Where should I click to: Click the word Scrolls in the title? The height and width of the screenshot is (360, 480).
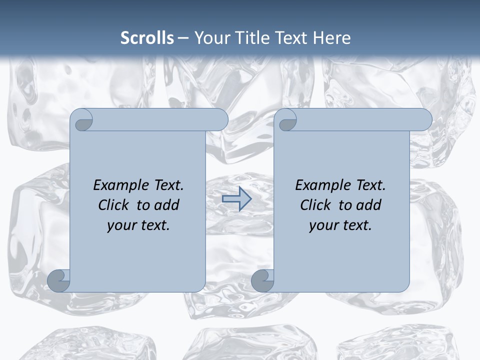147,38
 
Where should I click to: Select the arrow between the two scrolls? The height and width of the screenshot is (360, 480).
236,199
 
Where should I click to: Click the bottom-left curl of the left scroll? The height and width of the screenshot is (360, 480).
59,281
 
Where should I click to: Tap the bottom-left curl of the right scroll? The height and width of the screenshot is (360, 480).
262,281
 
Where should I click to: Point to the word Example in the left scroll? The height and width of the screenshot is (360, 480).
121,185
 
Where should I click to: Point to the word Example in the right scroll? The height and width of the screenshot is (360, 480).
323,185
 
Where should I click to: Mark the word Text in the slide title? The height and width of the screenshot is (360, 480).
290,38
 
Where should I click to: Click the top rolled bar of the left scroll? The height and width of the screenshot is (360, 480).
155,120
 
